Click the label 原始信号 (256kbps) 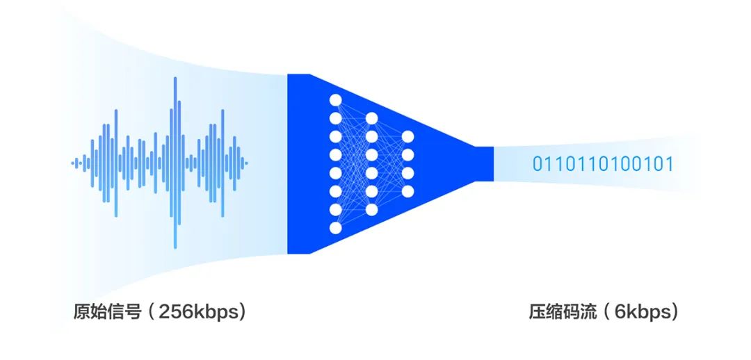pos(159,312)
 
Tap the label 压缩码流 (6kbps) pos(604,312)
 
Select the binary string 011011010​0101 pos(603,164)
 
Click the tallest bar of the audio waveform pos(175,163)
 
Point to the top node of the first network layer pos(335,100)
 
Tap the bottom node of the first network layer pos(335,228)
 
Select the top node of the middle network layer pos(371,118)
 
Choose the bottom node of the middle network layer pos(371,210)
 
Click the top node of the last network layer pos(407,136)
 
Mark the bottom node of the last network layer pos(407,192)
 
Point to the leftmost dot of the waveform pos(73,163)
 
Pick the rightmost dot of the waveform pos(246,163)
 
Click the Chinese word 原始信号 pos(107,312)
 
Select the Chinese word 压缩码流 pos(563,312)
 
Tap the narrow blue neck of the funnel pos(484,164)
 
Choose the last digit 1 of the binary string pos(669,164)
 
